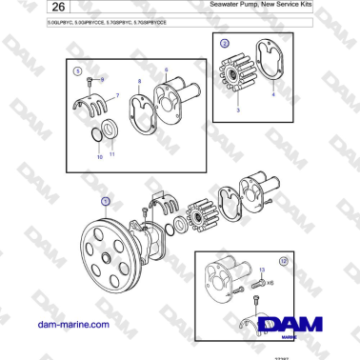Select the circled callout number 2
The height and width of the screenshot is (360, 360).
[x=224, y=44]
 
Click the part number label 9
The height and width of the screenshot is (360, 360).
[x=104, y=77]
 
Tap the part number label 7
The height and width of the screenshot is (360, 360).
[x=117, y=95]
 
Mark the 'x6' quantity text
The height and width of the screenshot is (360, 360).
[x=270, y=282]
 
